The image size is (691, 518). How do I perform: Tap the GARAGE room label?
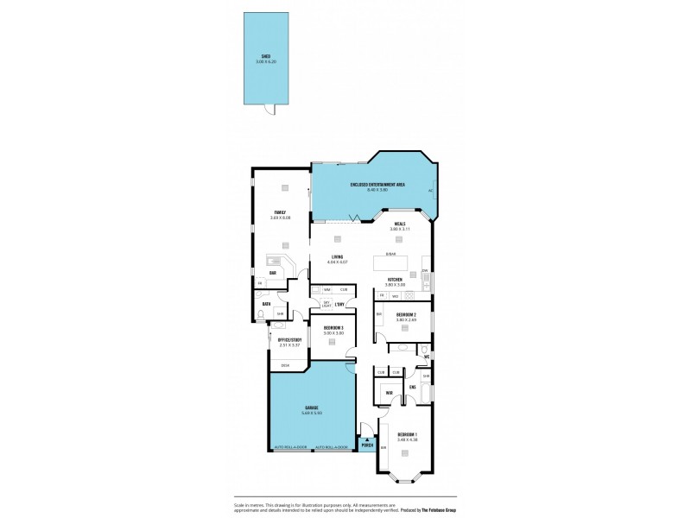click(x=311, y=407)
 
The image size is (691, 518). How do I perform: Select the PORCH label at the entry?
click(x=367, y=446)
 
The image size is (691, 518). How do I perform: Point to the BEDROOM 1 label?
click(x=407, y=434)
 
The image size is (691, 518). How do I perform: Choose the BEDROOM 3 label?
click(x=333, y=327)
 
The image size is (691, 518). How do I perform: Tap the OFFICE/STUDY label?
click(x=288, y=339)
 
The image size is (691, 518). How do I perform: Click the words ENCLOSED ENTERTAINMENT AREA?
click(x=377, y=185)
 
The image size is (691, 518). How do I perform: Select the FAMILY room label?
click(x=280, y=212)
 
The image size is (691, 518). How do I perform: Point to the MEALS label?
click(x=399, y=224)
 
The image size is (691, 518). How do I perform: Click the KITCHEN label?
click(x=396, y=279)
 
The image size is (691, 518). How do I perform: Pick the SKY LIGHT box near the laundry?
click(x=326, y=304)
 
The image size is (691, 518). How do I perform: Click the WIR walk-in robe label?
click(x=389, y=393)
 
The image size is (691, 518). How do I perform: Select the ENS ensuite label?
click(x=413, y=387)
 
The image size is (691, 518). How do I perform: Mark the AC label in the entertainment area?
click(x=430, y=191)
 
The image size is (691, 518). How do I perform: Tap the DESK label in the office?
click(x=285, y=365)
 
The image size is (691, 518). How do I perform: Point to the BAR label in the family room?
click(x=272, y=273)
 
